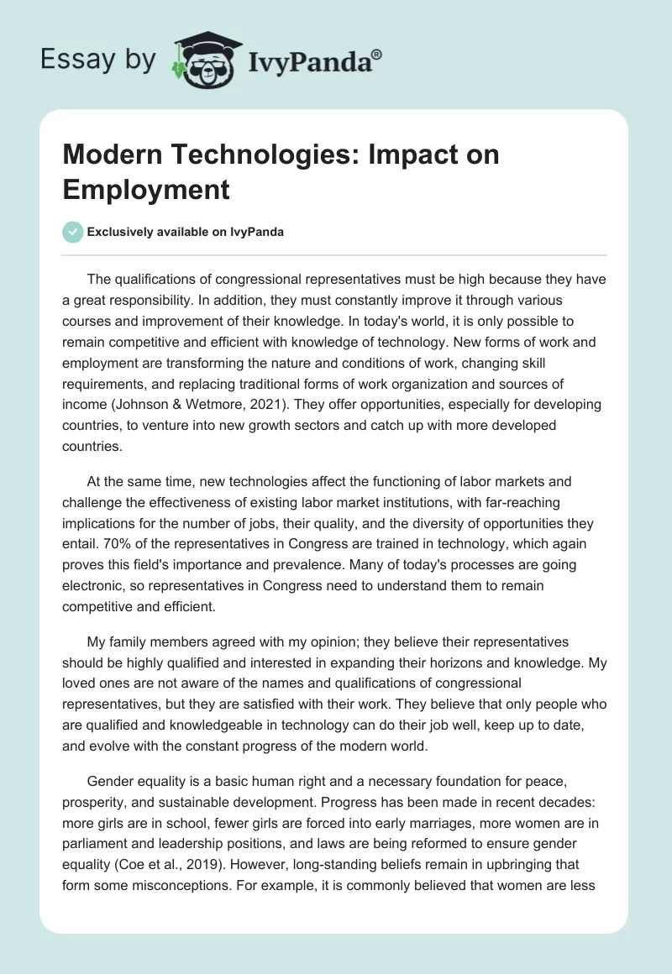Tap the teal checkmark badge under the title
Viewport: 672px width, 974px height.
tap(73, 232)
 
